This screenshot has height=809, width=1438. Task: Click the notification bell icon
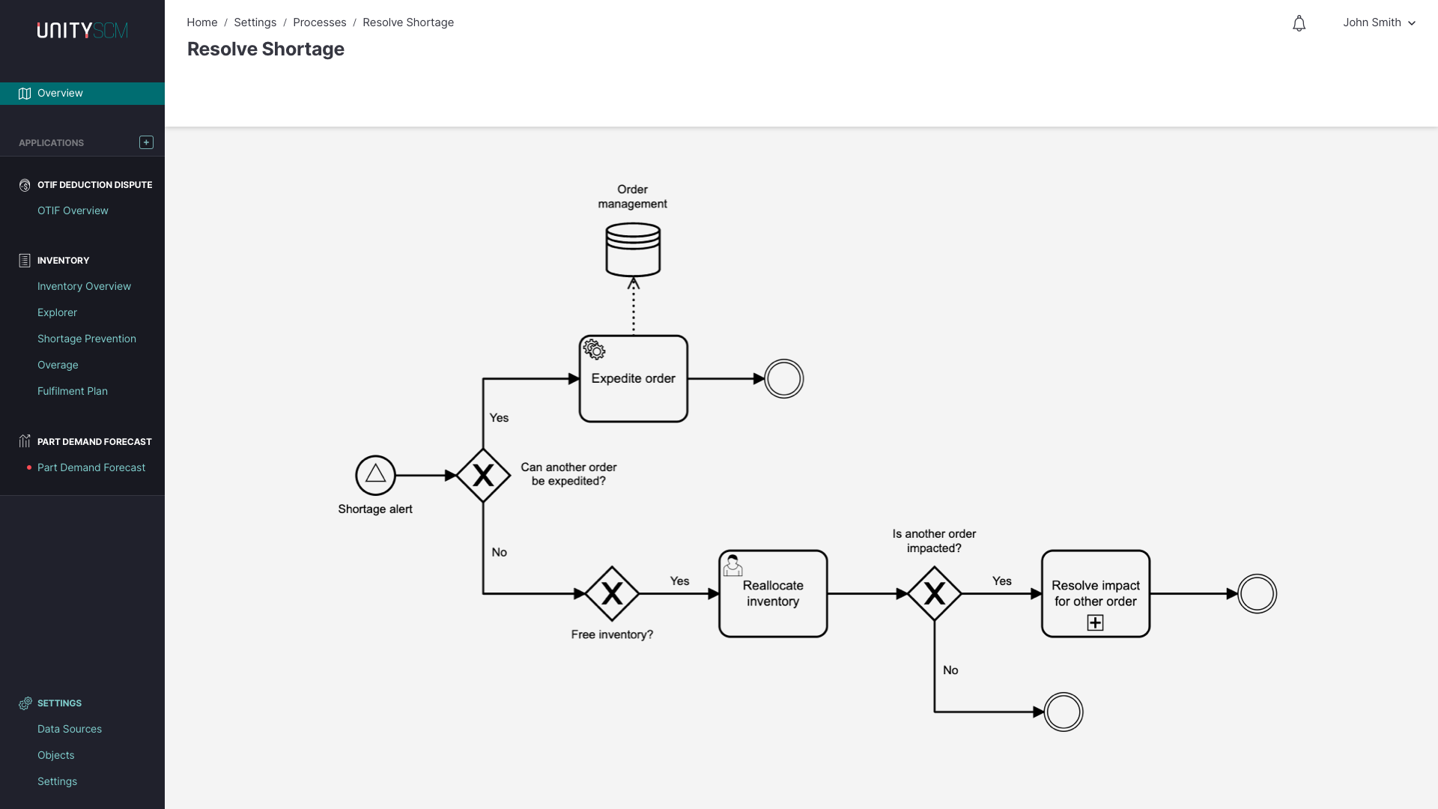[x=1299, y=23]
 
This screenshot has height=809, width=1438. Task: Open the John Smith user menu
[x=1378, y=22]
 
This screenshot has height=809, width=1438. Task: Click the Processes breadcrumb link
[x=319, y=22]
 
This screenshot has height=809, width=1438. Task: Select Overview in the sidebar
[x=60, y=93]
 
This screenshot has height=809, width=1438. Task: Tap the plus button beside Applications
[x=146, y=142]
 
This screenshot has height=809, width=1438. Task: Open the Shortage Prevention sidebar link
[x=87, y=339]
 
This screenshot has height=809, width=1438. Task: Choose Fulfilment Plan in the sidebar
[x=73, y=391]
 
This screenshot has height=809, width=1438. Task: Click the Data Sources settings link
[x=70, y=729]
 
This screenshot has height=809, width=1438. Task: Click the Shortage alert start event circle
[x=375, y=475]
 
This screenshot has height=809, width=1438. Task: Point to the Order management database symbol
[x=633, y=249]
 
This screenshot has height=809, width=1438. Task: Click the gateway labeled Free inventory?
[x=612, y=593]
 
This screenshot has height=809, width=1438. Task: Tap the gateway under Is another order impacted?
[x=934, y=593]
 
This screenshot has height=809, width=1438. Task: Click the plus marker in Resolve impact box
[x=1095, y=622]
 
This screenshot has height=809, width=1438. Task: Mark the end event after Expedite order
[x=783, y=379]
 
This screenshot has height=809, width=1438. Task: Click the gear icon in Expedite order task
[x=594, y=350]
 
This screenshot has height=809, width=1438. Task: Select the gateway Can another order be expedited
[x=483, y=475]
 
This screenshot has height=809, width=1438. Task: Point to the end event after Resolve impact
[x=1257, y=593]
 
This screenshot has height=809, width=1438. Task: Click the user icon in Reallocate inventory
[x=732, y=566]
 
